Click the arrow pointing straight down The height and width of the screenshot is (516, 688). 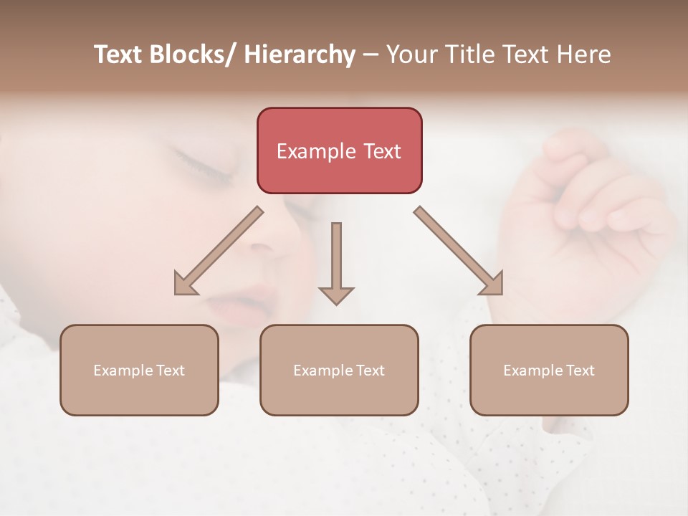pos(336,262)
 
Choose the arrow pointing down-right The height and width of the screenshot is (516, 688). pos(459,251)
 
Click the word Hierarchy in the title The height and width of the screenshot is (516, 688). pos(300,55)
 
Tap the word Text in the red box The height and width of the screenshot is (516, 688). pos(382,151)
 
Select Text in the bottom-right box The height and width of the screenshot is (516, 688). pos(580,371)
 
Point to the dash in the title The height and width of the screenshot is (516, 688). pos(371,56)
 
